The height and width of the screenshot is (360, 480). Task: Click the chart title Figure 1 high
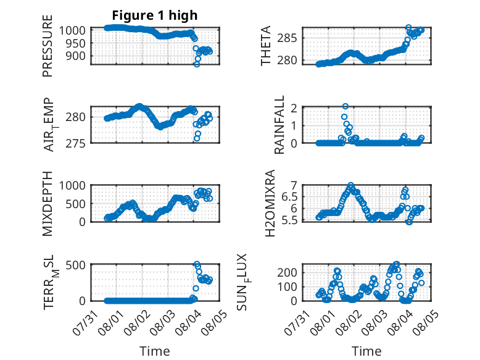(x=155, y=15)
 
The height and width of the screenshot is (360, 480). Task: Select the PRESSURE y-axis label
(x=48, y=46)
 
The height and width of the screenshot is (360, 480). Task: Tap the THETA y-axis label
(x=266, y=46)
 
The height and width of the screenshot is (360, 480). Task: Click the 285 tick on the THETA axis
(x=287, y=38)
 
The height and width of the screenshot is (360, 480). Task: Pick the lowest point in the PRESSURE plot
(x=197, y=64)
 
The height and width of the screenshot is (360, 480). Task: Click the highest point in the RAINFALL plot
(x=346, y=106)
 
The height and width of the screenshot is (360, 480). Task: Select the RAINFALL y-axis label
(x=279, y=125)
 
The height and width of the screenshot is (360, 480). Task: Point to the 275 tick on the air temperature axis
(x=75, y=143)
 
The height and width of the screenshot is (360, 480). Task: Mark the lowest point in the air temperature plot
(x=197, y=138)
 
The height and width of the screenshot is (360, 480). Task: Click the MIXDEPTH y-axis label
(x=48, y=204)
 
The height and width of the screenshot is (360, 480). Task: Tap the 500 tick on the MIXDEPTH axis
(x=75, y=204)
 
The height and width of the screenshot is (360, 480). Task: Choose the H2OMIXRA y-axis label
(x=270, y=203)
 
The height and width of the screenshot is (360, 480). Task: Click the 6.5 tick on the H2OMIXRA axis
(x=289, y=197)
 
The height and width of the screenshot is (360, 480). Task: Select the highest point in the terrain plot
(x=197, y=264)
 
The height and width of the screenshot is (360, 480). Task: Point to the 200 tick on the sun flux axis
(x=287, y=272)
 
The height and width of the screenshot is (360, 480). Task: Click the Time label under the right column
(x=366, y=351)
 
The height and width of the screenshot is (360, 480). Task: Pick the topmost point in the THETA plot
(x=408, y=27)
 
